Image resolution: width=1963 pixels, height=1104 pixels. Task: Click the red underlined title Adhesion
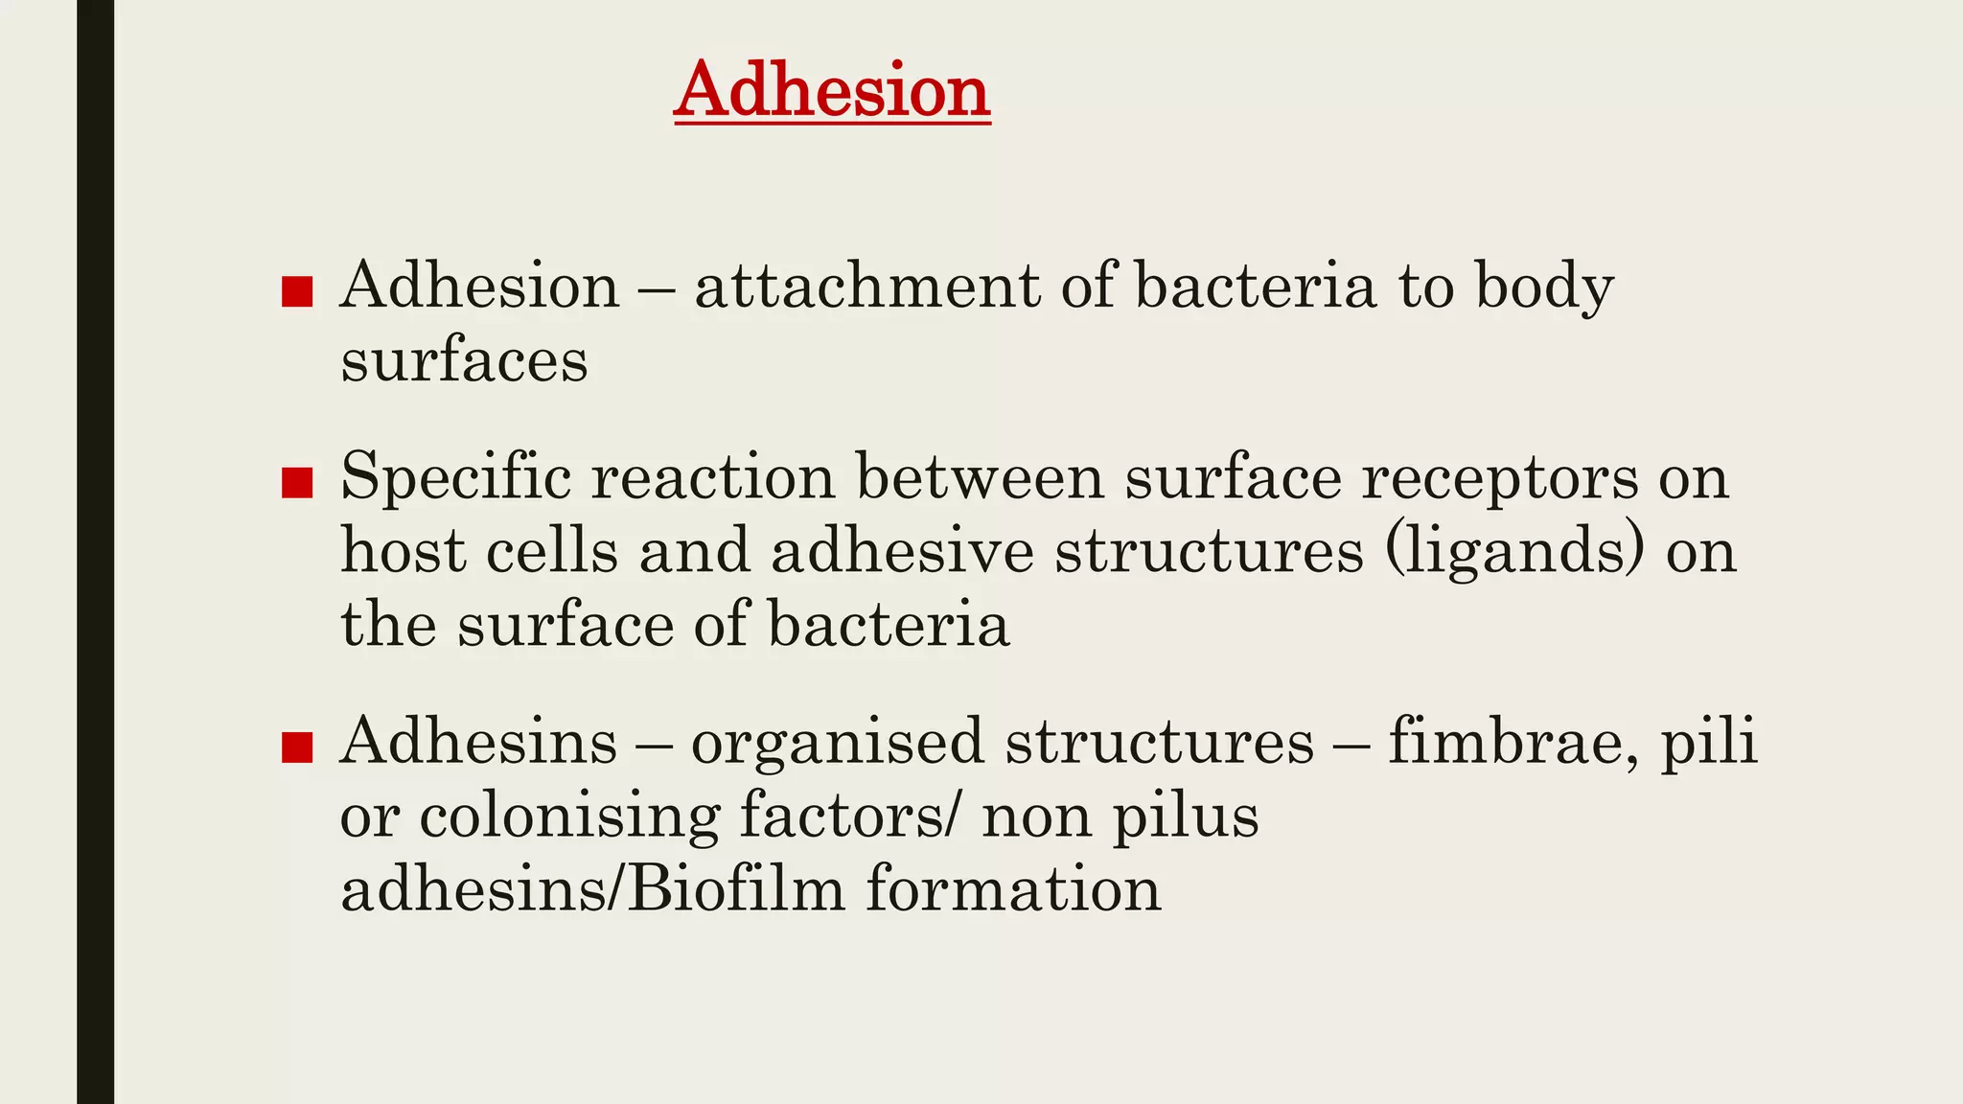tap(831, 90)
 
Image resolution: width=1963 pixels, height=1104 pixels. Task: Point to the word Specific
tap(455, 476)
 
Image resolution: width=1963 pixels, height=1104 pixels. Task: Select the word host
tap(403, 551)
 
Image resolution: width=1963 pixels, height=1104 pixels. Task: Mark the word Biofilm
tap(736, 888)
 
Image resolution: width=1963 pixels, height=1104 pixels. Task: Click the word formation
tap(1013, 888)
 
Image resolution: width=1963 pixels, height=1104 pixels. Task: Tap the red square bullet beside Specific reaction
tap(297, 483)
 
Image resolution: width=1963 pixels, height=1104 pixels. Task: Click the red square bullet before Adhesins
tap(297, 747)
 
